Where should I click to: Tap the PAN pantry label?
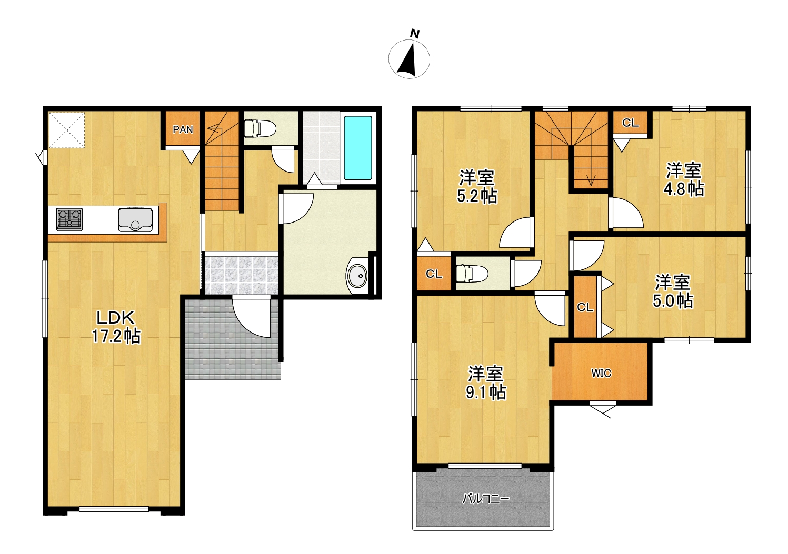(183, 130)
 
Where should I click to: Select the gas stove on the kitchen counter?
(69, 219)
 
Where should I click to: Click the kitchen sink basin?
(135, 220)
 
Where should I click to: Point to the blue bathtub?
(358, 148)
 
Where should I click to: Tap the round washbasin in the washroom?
(357, 276)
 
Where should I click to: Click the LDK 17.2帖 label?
(116, 327)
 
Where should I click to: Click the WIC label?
(601, 374)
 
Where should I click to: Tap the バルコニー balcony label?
(485, 499)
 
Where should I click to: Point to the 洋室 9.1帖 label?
(486, 383)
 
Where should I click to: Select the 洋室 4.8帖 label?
(684, 179)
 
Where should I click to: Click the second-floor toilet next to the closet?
(472, 274)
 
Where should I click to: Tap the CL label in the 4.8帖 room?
(630, 123)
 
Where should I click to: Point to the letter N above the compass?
(415, 34)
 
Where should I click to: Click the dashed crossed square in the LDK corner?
(66, 130)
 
